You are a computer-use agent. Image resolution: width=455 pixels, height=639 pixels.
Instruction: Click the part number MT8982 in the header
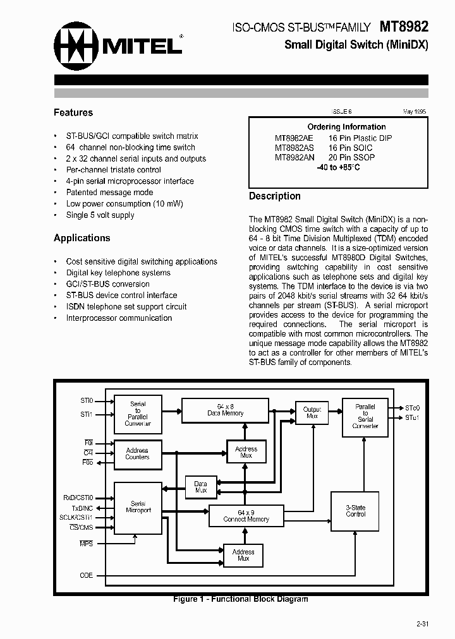[x=404, y=27]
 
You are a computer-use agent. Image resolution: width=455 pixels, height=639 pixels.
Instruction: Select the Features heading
[x=73, y=112]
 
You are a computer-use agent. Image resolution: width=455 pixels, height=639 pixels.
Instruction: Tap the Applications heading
[x=82, y=238]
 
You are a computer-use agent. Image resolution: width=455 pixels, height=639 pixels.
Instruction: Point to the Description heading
[x=274, y=196]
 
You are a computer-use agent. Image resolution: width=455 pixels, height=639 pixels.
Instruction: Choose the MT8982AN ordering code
[x=294, y=157]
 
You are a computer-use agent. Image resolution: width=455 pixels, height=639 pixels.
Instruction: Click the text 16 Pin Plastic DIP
[x=360, y=138]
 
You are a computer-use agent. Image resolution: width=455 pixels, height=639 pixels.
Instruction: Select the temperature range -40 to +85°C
[x=338, y=167]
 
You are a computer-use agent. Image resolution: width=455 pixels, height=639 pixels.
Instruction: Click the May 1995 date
[x=415, y=111]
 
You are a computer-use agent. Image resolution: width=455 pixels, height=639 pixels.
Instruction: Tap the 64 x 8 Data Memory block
[x=226, y=410]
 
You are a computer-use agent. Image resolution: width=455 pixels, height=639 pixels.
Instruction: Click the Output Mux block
[x=312, y=413]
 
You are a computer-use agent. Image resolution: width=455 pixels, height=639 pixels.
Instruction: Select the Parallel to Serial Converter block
[x=365, y=417]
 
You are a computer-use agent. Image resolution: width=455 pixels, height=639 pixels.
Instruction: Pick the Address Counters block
[x=137, y=454]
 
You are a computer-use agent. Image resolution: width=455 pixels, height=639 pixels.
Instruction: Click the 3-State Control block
[x=356, y=511]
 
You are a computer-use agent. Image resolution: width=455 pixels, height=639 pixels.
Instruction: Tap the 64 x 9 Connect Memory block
[x=246, y=516]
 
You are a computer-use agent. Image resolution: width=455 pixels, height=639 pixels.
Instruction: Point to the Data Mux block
[x=200, y=486]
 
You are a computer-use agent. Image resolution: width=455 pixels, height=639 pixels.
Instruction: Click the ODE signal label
[x=86, y=575]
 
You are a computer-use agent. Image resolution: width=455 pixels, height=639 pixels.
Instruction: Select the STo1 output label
[x=413, y=418]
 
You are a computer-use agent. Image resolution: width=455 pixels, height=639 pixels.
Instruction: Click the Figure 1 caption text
[x=241, y=599]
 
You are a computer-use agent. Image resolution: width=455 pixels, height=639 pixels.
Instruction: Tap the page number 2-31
[x=422, y=624]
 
